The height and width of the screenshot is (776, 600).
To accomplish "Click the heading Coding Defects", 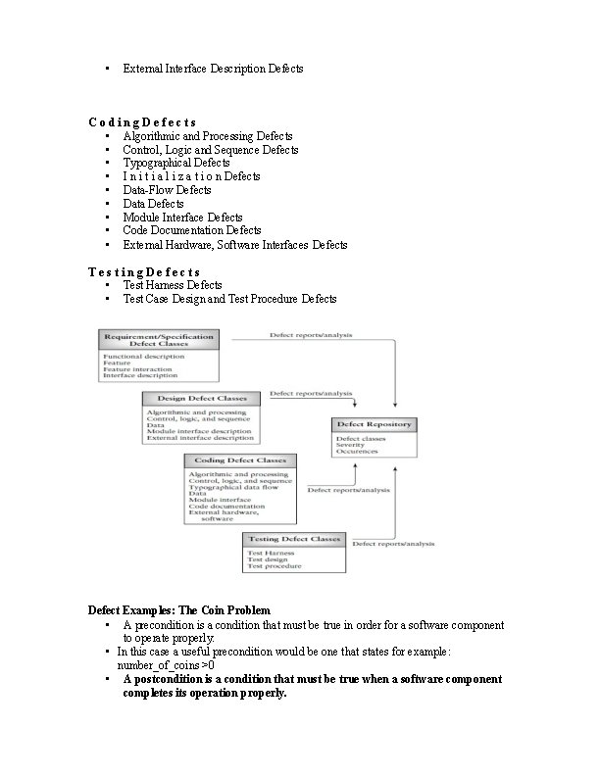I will (x=142, y=121).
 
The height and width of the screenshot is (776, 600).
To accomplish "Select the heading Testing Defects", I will (x=144, y=271).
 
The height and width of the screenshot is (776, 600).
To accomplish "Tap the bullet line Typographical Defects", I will (x=175, y=163).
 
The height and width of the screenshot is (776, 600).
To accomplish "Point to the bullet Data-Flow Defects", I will (x=167, y=190).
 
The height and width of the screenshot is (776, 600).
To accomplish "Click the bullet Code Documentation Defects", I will (x=191, y=230).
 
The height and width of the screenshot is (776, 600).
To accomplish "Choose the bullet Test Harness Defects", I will (x=173, y=285).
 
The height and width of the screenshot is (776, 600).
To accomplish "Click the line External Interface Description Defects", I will (x=213, y=69).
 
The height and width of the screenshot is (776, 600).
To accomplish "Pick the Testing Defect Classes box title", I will (x=293, y=539).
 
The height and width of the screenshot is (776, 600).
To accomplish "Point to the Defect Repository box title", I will (x=375, y=424).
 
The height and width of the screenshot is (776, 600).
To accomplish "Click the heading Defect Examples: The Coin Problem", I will (x=178, y=610).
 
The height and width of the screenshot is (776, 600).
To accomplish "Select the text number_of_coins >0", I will (x=166, y=664).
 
